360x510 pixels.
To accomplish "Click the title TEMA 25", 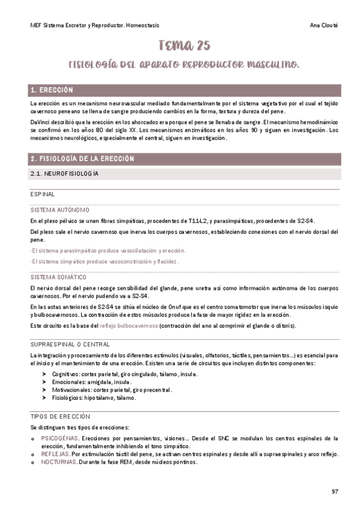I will coord(184,46).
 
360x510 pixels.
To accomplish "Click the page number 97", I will coord(335,491).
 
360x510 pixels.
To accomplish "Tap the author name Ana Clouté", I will coord(324,25).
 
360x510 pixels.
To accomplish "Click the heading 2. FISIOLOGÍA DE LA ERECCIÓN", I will coord(82,159).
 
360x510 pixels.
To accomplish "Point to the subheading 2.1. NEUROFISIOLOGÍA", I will coord(64,174).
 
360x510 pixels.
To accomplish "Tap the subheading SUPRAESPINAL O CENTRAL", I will coord(70,344).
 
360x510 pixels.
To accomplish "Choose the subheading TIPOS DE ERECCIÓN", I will coord(60,416).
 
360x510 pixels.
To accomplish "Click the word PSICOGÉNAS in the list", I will coord(59,439).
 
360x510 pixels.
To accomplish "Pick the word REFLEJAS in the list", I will coord(55,454).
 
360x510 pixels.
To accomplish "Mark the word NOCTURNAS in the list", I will coord(58,462).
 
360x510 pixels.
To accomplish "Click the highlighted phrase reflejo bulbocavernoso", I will coord(129,325).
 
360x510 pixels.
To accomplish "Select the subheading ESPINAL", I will coord(42,194).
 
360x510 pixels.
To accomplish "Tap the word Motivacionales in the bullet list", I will coord(70,390).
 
